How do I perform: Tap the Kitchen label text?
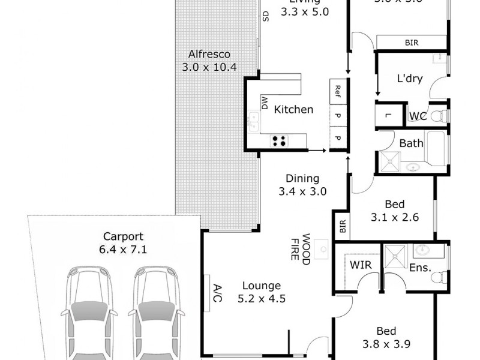point(293,109)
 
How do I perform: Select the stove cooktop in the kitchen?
point(279,141)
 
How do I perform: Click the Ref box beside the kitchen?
point(338,91)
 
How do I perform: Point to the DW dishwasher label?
point(264,103)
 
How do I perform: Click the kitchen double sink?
point(253,122)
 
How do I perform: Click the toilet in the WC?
point(441,115)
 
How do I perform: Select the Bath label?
point(411,143)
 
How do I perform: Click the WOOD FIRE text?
point(300,247)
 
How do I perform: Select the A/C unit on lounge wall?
point(207,293)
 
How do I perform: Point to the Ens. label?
point(421,268)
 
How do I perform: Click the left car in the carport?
point(88,312)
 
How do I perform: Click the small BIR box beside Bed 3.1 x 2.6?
point(342,226)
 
